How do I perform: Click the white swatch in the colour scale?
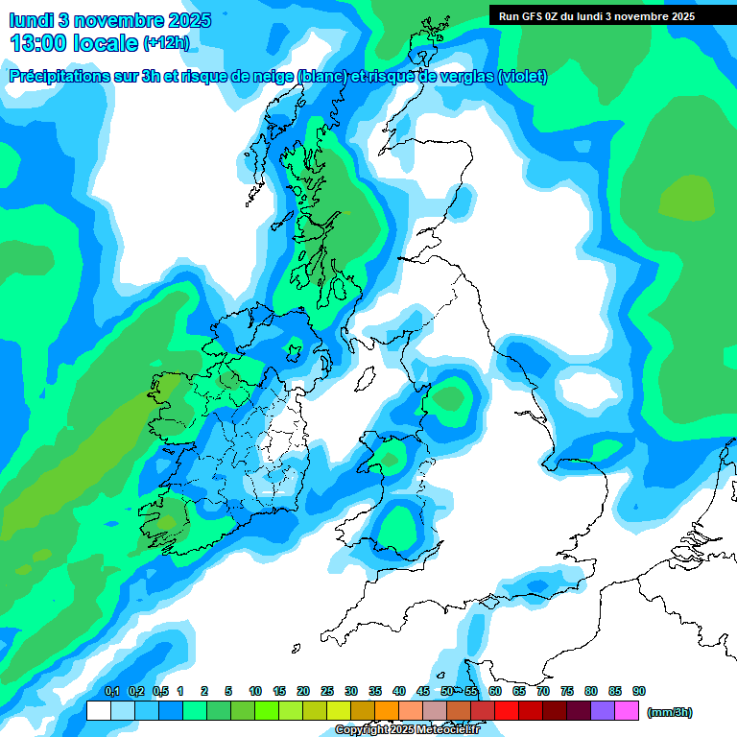point(98,711)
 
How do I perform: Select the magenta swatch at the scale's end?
point(627,711)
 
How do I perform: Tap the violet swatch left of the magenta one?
point(603,711)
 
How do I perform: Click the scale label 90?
point(639,691)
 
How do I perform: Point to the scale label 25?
point(327,691)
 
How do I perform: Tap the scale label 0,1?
point(111,691)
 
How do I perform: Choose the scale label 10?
point(255,691)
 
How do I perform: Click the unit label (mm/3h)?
point(670,712)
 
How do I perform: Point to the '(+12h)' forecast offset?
point(166,43)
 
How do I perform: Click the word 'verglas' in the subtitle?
point(463,77)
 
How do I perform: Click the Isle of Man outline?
point(364,380)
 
